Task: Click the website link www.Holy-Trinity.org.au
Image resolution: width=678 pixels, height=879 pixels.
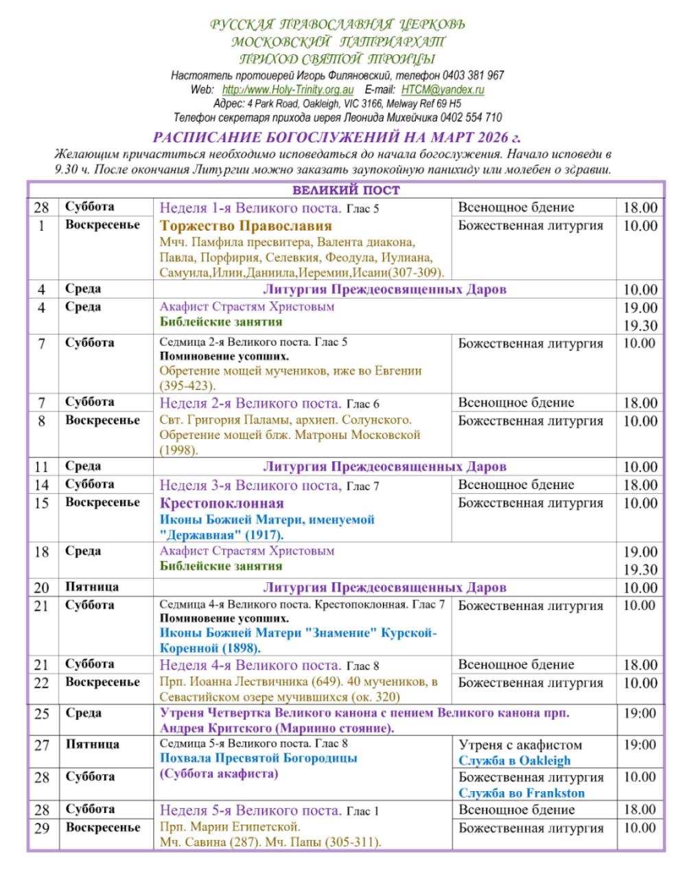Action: [x=288, y=90]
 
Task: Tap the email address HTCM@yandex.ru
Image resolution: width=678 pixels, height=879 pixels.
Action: [x=443, y=90]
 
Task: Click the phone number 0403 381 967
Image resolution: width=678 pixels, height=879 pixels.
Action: [x=474, y=76]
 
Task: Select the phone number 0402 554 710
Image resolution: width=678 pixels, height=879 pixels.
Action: [x=471, y=117]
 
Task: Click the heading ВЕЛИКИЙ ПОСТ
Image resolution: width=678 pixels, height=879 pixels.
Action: [x=346, y=190]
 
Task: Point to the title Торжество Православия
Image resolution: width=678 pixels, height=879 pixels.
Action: [x=246, y=226]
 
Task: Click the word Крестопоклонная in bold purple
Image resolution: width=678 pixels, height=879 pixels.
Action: [x=221, y=503]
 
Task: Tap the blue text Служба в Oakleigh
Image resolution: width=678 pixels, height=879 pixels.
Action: [x=515, y=761]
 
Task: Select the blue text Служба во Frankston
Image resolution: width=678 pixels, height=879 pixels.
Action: [x=522, y=793]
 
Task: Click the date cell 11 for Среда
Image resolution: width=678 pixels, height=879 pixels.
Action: [x=42, y=467]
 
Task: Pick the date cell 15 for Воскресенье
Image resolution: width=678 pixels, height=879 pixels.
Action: [x=42, y=503]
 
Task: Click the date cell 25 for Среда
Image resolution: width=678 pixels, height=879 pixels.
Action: [x=42, y=714]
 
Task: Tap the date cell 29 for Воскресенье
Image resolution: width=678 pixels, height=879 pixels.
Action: [x=42, y=828]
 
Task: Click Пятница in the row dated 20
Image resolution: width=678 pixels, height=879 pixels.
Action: [x=92, y=587]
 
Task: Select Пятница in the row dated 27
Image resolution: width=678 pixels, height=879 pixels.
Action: [x=92, y=744]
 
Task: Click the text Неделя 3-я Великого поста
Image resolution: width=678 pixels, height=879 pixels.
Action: [x=250, y=486]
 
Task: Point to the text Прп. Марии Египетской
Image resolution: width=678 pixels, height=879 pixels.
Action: [x=230, y=827]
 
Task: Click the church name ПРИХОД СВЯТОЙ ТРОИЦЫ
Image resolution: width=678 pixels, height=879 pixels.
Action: [x=338, y=59]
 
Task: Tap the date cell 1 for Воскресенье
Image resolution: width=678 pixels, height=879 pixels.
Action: [x=42, y=226]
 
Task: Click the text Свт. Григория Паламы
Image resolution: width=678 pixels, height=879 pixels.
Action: [x=220, y=420]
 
